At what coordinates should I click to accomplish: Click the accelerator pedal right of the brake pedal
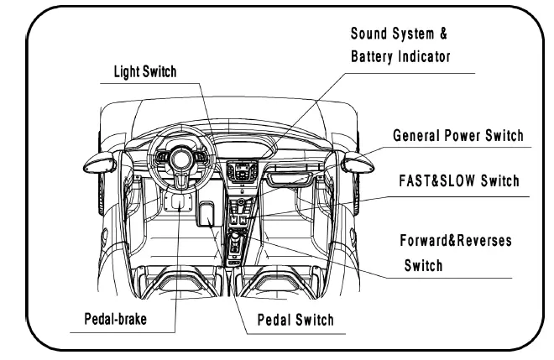(x=206, y=214)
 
